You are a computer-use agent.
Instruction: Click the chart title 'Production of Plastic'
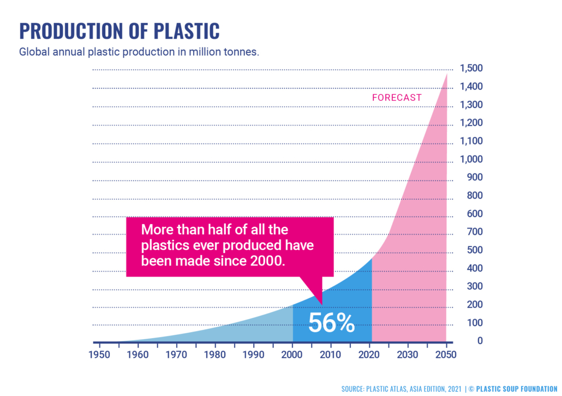coord(119,31)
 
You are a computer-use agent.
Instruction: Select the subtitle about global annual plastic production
coord(139,53)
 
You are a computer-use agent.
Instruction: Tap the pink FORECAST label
coord(397,98)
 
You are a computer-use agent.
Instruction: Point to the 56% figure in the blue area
coord(331,322)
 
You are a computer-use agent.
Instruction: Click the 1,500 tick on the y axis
coord(471,69)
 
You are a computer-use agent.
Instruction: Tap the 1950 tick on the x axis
coord(99,353)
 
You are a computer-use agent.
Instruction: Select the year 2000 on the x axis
coord(293,353)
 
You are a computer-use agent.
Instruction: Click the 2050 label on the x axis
coord(446,353)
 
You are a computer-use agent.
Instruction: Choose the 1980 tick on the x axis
coord(216,353)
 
